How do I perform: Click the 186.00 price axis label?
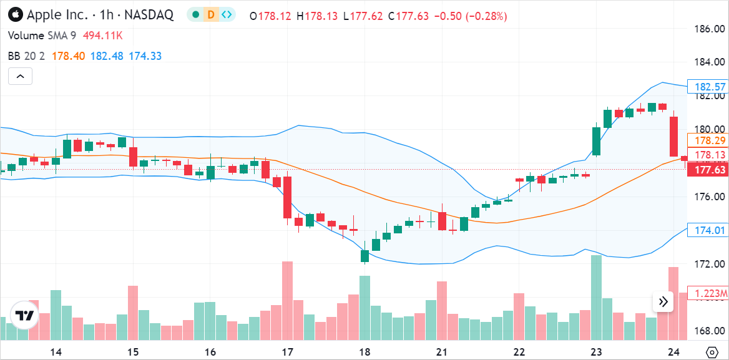click(710, 29)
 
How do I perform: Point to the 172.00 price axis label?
click(710, 264)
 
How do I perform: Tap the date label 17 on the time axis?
click(288, 352)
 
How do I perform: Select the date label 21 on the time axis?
click(442, 352)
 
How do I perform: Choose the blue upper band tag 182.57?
click(707, 87)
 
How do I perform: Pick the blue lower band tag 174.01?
click(707, 230)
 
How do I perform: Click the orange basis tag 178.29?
click(707, 140)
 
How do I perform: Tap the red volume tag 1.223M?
click(708, 293)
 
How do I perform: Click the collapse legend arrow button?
click(20, 76)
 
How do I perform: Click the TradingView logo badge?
click(24, 315)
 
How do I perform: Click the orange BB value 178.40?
click(68, 56)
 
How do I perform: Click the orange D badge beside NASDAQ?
click(211, 15)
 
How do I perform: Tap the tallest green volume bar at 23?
click(596, 298)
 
